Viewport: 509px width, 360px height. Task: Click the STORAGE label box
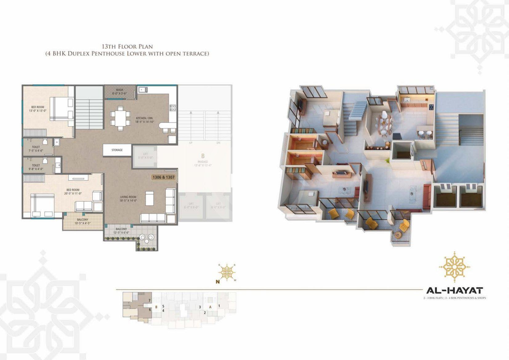[117, 150]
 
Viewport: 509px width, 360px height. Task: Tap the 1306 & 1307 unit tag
[163, 177]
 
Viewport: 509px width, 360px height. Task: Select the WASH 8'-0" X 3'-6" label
[119, 91]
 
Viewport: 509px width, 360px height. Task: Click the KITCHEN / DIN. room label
[144, 120]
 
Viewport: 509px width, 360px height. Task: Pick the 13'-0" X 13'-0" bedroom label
[38, 109]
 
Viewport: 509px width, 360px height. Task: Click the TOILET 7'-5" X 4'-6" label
[36, 149]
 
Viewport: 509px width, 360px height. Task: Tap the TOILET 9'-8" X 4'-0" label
[36, 167]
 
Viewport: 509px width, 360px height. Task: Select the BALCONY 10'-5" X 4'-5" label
[83, 221]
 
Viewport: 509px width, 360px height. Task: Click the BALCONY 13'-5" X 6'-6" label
[121, 231]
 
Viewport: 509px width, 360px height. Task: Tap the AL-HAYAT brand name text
[454, 290]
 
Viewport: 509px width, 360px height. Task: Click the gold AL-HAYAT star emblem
[454, 267]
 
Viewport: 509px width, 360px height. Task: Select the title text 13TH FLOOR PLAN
[127, 47]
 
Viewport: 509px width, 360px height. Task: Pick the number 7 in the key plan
[149, 300]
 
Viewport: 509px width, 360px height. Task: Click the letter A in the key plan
[210, 307]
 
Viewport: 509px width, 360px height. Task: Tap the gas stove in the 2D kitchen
[173, 107]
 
